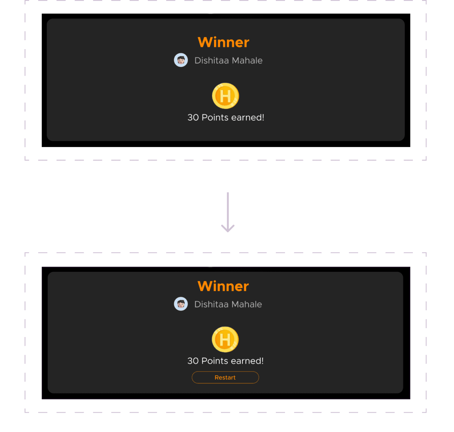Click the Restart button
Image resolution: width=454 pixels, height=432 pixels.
pyautogui.click(x=225, y=378)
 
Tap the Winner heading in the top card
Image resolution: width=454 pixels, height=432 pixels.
pyautogui.click(x=223, y=42)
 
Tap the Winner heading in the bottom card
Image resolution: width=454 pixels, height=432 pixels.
pyautogui.click(x=223, y=286)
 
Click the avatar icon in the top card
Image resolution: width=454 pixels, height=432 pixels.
pyautogui.click(x=181, y=60)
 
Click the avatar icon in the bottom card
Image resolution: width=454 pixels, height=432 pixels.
pyautogui.click(x=181, y=304)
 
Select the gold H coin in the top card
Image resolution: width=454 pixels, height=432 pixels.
pyautogui.click(x=226, y=96)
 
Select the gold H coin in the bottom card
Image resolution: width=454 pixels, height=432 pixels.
pyautogui.click(x=225, y=339)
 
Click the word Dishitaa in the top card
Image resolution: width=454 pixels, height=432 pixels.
pyautogui.click(x=212, y=61)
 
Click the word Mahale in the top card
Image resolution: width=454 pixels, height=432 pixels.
pyautogui.click(x=247, y=61)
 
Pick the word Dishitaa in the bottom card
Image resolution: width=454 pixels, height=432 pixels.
pyautogui.click(x=211, y=304)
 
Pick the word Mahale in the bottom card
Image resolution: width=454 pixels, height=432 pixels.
pyautogui.click(x=247, y=304)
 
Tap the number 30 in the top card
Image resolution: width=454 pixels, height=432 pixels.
pyautogui.click(x=193, y=117)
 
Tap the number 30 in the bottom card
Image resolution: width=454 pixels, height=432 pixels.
pyautogui.click(x=193, y=361)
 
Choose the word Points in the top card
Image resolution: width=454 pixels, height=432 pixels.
pyautogui.click(x=215, y=117)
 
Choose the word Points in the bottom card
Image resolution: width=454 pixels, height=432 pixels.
pyautogui.click(x=215, y=361)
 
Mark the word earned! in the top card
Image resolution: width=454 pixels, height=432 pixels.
pyautogui.click(x=248, y=117)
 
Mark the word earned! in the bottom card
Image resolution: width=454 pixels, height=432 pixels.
pyautogui.click(x=247, y=361)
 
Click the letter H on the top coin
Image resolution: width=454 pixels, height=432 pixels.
pyautogui.click(x=225, y=96)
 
